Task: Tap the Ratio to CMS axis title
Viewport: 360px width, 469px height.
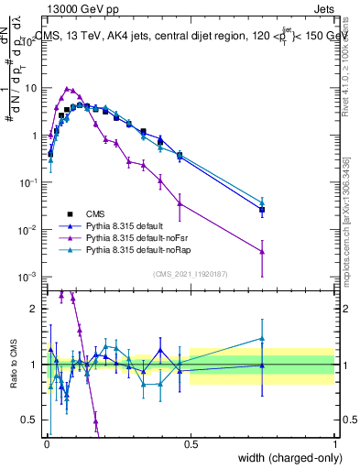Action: [x=12, y=364]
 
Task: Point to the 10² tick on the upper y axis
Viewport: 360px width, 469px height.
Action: [x=33, y=41]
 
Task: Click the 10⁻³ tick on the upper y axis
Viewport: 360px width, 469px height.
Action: [x=33, y=277]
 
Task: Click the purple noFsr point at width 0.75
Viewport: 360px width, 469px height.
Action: [x=262, y=251]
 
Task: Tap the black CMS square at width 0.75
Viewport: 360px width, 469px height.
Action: [x=262, y=210]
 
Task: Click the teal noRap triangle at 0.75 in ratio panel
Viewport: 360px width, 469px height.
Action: [x=262, y=338]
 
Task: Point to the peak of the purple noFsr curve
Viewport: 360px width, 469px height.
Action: [x=67, y=89]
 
